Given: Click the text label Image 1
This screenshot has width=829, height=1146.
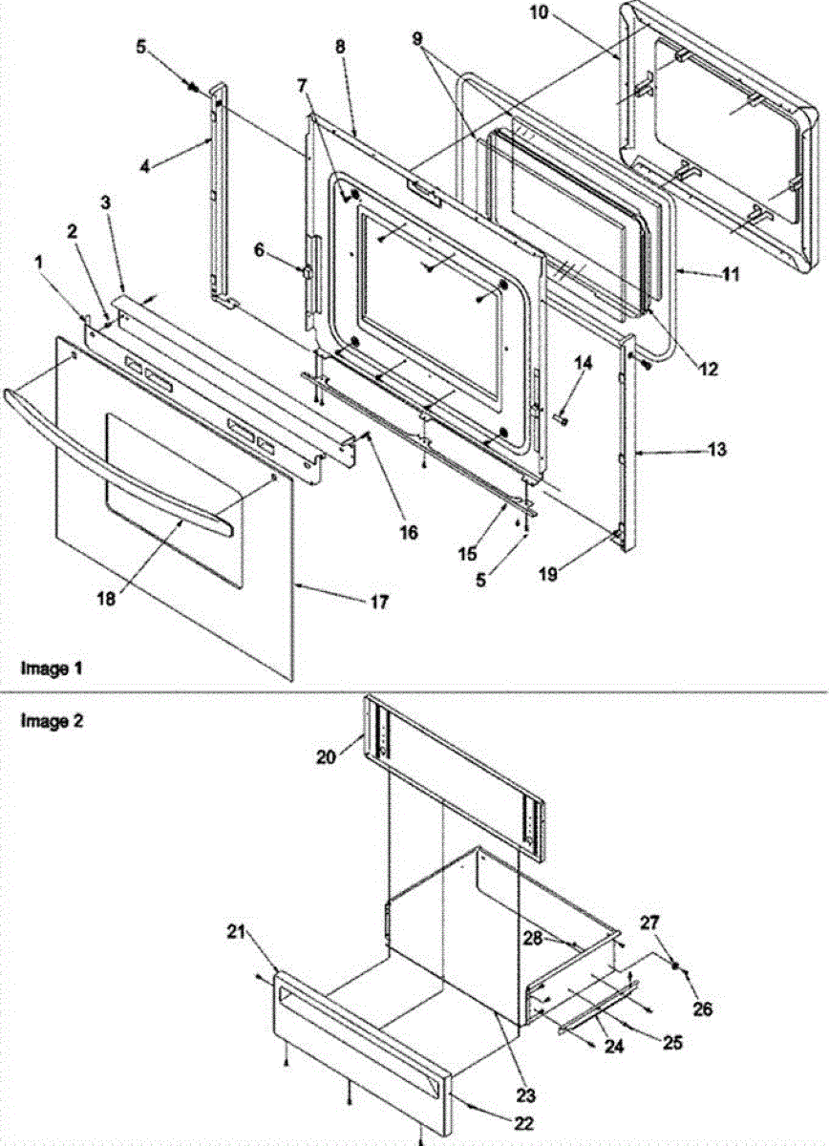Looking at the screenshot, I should [51, 669].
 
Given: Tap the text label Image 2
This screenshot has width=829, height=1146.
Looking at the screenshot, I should [51, 722].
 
